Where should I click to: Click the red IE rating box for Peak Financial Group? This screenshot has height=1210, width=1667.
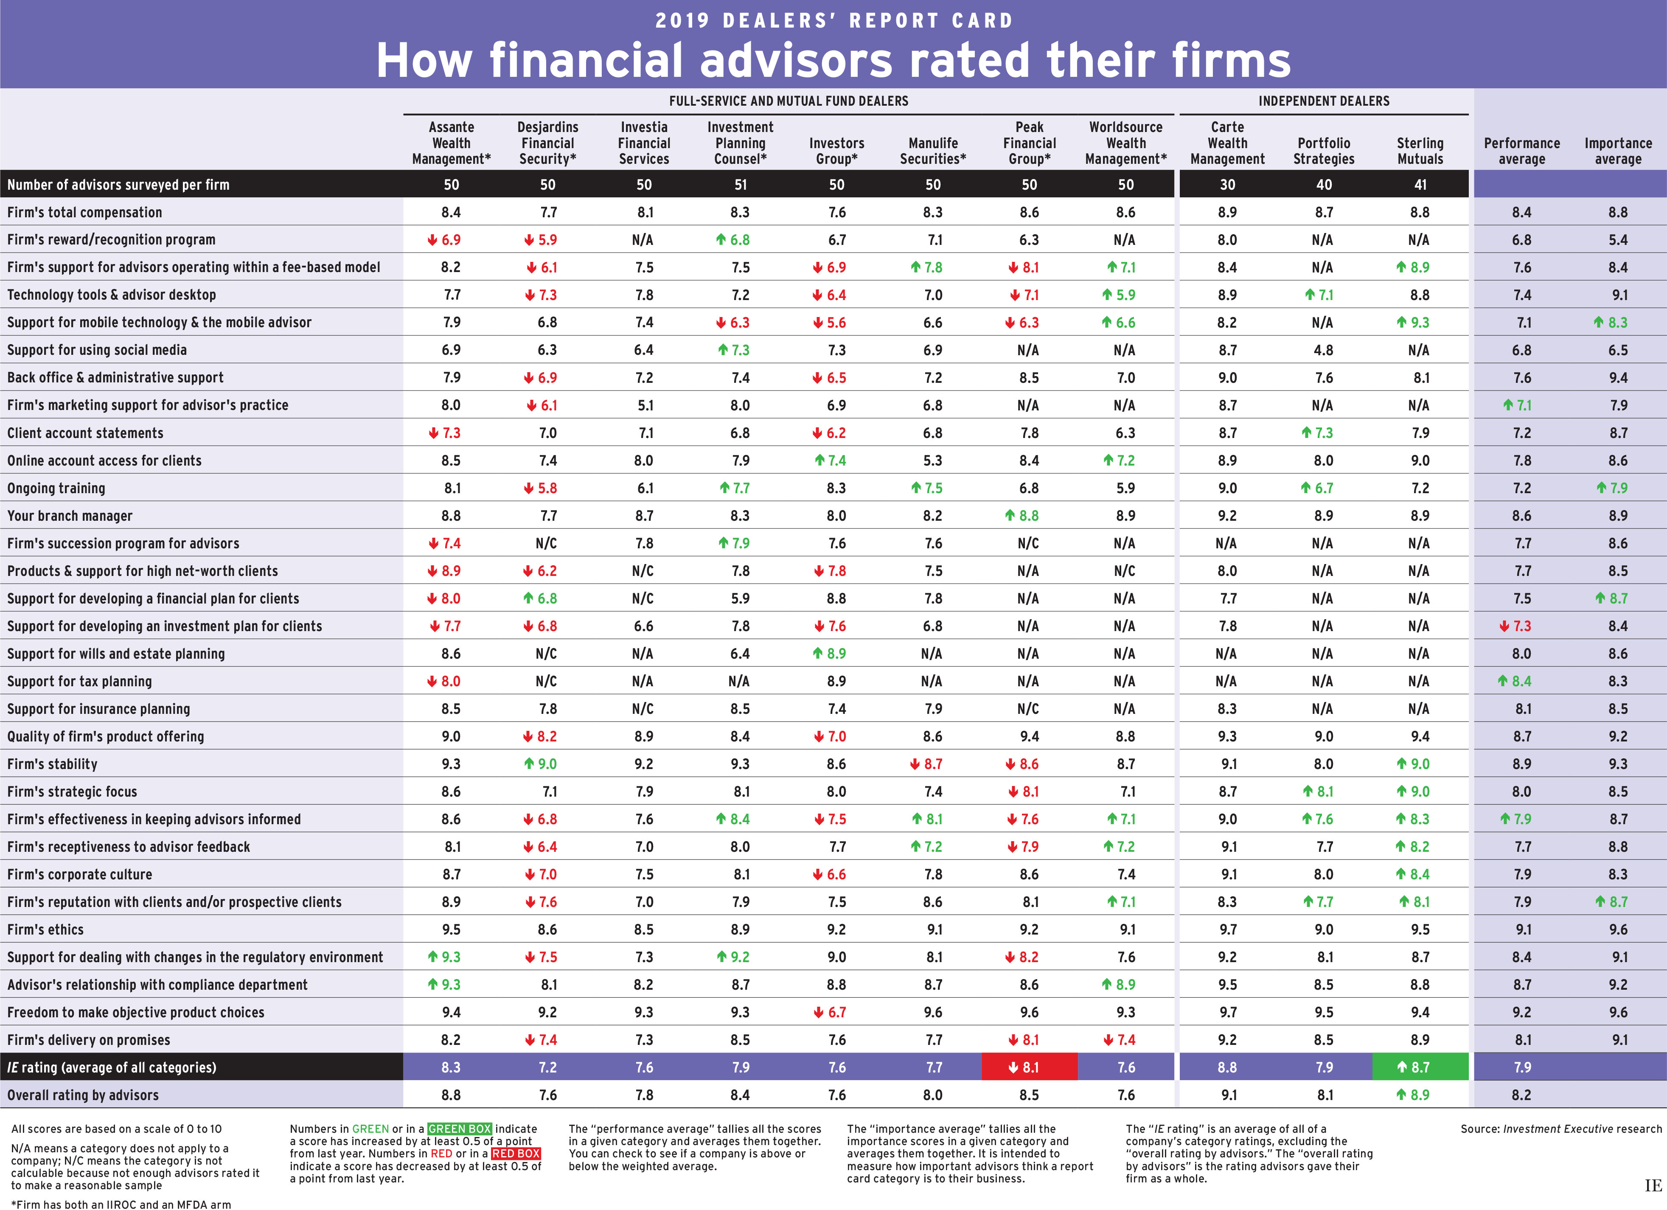(x=1029, y=1067)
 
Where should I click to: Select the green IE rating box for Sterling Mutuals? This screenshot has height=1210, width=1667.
(x=1420, y=1067)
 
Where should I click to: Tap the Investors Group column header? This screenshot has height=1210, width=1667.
(x=836, y=151)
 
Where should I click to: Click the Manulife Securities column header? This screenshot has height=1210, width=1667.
(x=933, y=151)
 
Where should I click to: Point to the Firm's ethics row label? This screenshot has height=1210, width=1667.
(x=45, y=929)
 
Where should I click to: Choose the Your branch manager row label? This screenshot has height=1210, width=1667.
(x=70, y=515)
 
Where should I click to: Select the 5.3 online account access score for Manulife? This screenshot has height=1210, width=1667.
(x=933, y=460)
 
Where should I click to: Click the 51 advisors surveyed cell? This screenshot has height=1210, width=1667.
(x=740, y=185)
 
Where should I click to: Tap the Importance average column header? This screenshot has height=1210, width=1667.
(x=1618, y=151)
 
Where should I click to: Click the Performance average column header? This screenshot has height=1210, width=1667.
(x=1521, y=151)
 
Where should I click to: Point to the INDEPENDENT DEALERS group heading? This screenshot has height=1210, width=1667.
(x=1324, y=101)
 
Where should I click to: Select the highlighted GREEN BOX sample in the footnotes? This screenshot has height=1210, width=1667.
(x=459, y=1129)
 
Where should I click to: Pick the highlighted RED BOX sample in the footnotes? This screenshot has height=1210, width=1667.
(x=516, y=1154)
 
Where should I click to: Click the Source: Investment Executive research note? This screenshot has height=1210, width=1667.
(x=1560, y=1129)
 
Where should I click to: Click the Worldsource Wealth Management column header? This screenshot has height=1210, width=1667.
(x=1125, y=143)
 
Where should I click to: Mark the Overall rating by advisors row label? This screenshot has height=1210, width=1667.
(x=83, y=1095)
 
